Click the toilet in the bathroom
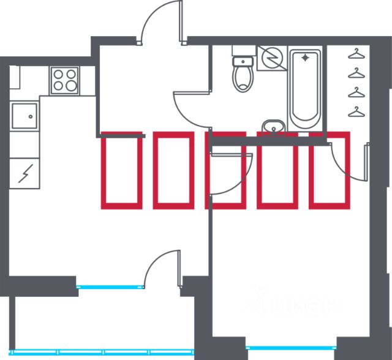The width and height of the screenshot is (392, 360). [x=243, y=75]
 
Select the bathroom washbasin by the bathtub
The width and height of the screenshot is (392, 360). [x=273, y=126]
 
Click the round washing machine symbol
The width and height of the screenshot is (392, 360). [x=270, y=58]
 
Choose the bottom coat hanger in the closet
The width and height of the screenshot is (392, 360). [x=355, y=111]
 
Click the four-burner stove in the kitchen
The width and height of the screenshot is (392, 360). [x=65, y=80]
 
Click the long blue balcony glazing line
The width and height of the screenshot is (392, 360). [x=92, y=351]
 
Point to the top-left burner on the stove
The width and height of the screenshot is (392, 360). [x=59, y=73]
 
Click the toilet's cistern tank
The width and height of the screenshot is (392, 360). [x=243, y=61]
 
